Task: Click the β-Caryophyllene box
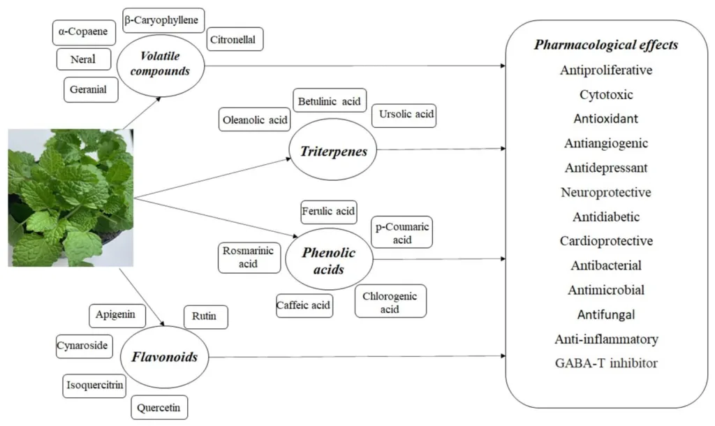tap(163, 20)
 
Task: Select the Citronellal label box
tap(235, 39)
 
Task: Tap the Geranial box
tap(91, 89)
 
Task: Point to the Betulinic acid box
tap(330, 101)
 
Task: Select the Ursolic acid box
tap(404, 115)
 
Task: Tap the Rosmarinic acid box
tap(249, 258)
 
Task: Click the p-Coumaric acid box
tap(401, 232)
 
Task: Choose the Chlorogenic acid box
tap(390, 301)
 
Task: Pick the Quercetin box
tap(159, 407)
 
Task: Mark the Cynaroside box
tap(84, 346)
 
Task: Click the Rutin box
tap(206, 317)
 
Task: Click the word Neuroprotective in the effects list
tap(606, 192)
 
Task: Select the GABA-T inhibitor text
tap(607, 363)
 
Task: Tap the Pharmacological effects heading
tap(606, 45)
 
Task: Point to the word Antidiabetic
tap(606, 216)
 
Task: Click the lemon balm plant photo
tap(71, 198)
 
